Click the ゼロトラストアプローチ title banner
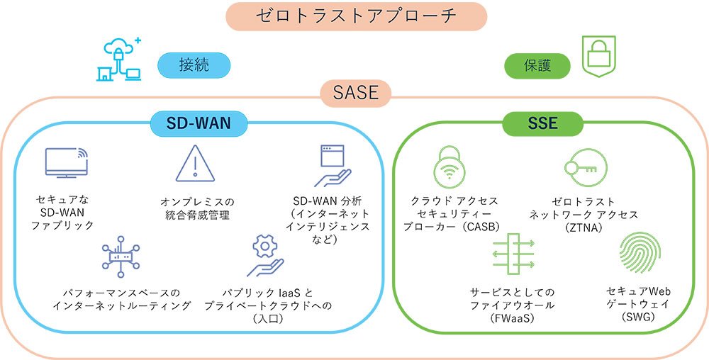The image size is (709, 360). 356,16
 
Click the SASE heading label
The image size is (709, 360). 355,92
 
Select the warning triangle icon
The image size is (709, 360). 194,164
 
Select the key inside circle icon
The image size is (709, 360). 585,168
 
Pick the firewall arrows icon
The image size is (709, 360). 512,256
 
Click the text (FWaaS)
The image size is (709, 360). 512,318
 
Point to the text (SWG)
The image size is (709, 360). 638,317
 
